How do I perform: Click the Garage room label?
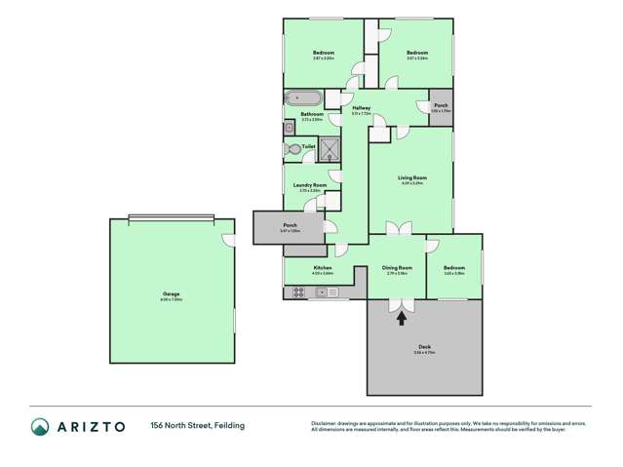click(171, 293)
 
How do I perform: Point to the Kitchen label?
click(323, 267)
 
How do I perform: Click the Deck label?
click(424, 346)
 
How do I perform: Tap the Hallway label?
click(362, 107)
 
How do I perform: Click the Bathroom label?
click(312, 115)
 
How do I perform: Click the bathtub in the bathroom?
click(301, 97)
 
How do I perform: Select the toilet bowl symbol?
click(294, 149)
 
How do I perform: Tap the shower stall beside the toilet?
click(331, 149)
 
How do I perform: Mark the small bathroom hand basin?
click(290, 128)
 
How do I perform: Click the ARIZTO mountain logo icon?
click(40, 426)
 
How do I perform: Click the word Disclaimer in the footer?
click(324, 423)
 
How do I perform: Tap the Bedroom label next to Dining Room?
click(454, 267)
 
